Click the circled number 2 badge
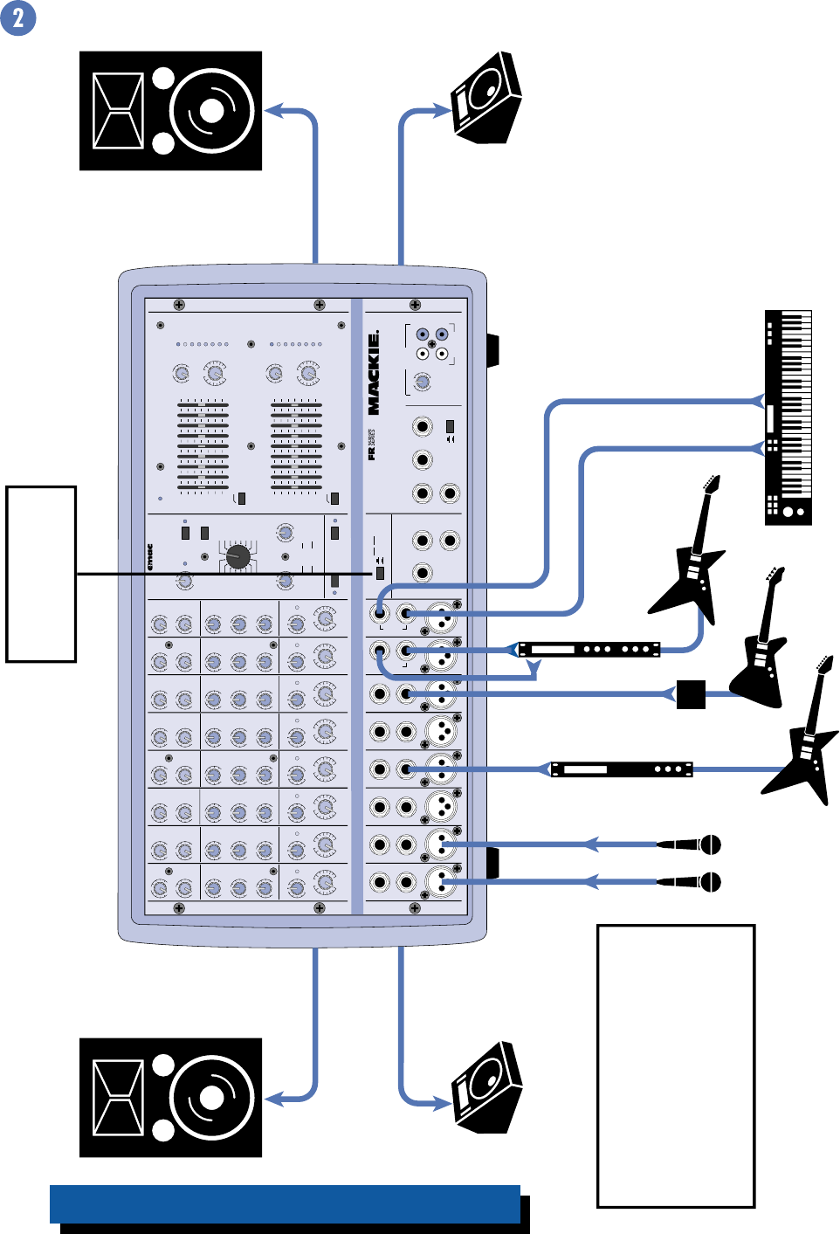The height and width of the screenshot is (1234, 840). (x=18, y=17)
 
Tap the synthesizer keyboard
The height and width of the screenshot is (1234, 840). (x=788, y=417)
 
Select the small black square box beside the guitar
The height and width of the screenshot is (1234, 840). (x=691, y=694)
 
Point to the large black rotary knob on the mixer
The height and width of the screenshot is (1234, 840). (x=238, y=556)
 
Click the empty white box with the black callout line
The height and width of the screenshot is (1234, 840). (x=41, y=574)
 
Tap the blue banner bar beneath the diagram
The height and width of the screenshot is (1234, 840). (x=286, y=1204)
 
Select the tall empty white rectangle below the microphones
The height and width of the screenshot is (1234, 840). (x=675, y=1065)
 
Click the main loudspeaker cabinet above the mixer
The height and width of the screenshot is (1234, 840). (x=170, y=111)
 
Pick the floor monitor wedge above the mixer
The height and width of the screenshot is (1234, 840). (x=486, y=98)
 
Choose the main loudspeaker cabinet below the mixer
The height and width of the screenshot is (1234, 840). (x=170, y=1098)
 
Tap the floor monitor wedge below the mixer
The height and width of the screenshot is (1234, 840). (x=487, y=1089)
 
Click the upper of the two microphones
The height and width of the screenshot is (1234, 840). (x=690, y=844)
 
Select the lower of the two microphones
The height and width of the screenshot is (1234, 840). (x=690, y=882)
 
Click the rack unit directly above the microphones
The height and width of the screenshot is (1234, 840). (x=621, y=769)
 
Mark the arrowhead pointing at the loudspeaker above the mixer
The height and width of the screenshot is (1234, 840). (x=275, y=111)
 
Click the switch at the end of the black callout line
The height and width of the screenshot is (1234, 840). (x=380, y=574)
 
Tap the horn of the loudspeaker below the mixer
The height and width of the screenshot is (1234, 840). (x=118, y=1097)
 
